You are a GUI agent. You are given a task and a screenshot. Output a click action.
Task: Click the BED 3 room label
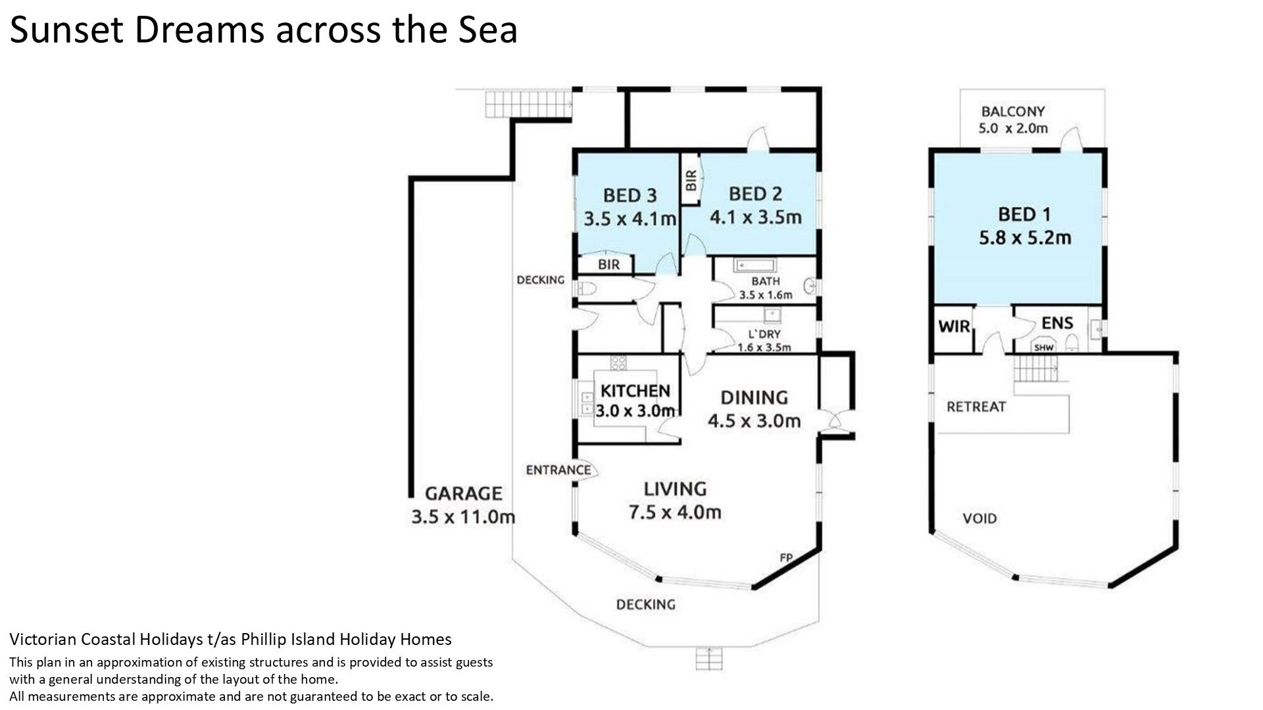[x=630, y=195]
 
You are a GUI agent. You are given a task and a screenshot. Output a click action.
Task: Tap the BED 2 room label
[x=755, y=194]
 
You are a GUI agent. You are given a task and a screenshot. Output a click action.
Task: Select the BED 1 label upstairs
[x=1024, y=214]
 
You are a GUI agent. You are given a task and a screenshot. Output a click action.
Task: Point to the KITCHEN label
[x=635, y=390]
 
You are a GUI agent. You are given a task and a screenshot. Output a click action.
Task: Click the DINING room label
[x=754, y=397]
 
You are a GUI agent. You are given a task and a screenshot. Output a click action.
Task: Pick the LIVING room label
[x=675, y=488]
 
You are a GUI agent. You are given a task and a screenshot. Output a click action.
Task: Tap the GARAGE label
[x=463, y=493]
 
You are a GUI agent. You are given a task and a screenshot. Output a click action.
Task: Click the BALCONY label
[x=1013, y=111]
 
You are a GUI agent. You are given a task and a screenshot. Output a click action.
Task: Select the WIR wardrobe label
[x=954, y=325]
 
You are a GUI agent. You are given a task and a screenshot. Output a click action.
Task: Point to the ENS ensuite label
[x=1057, y=323]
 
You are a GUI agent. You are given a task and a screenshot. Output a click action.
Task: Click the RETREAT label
[x=976, y=406]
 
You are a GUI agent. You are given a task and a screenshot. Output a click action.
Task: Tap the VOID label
[x=979, y=519]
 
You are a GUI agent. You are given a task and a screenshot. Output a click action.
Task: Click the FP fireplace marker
[x=785, y=557]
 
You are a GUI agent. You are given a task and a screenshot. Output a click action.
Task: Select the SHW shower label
[x=1044, y=347]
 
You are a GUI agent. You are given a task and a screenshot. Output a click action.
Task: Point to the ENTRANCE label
[x=558, y=469]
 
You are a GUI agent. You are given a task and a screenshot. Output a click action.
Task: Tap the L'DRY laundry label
[x=764, y=334]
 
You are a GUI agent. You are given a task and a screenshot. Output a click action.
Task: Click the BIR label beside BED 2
[x=691, y=181]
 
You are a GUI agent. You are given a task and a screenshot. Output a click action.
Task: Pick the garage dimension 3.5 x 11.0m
[x=463, y=517]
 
